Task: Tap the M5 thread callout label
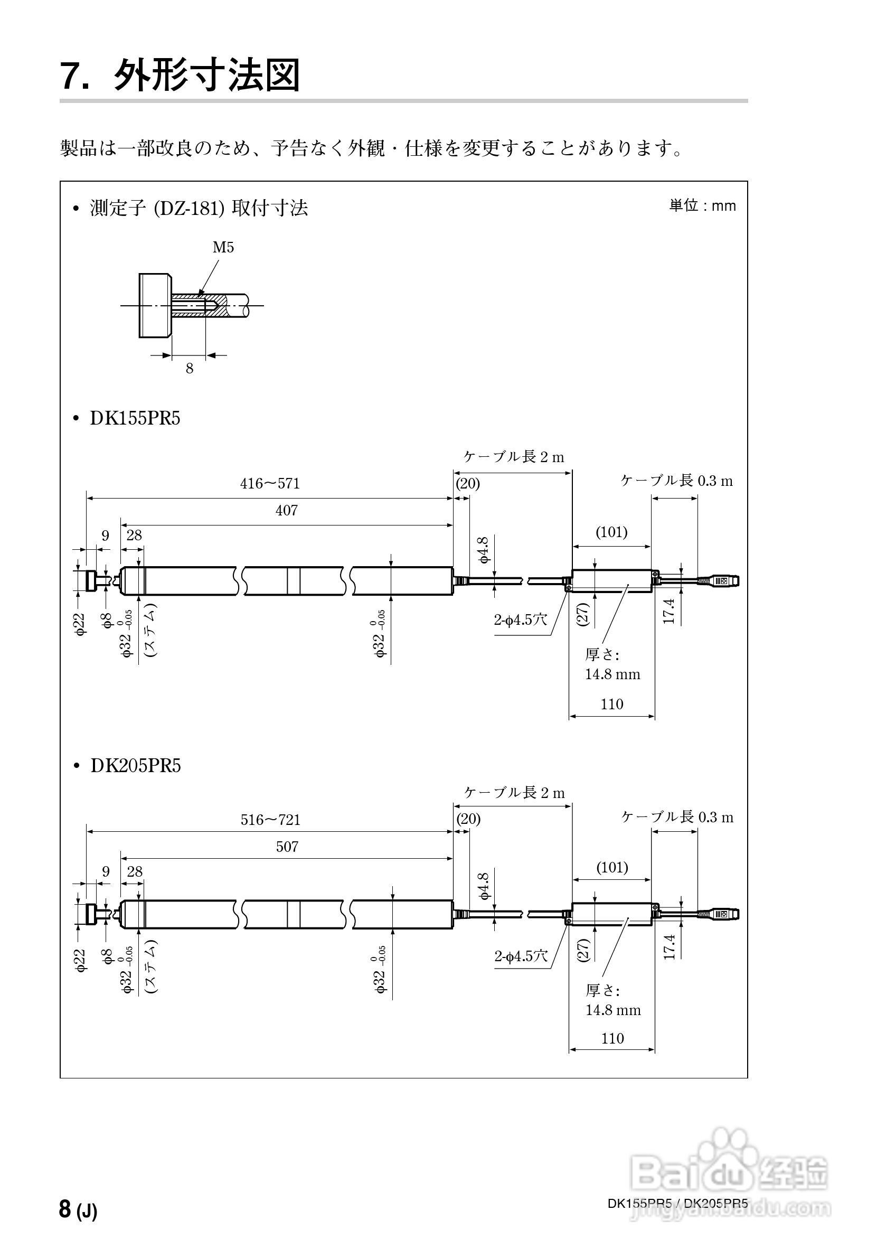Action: pos(223,248)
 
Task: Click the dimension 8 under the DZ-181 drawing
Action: pos(190,369)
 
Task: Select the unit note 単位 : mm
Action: pos(702,206)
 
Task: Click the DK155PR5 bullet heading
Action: pos(135,419)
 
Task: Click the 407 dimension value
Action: pos(286,511)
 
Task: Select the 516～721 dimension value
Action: pos(270,820)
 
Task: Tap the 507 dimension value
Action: pos(287,847)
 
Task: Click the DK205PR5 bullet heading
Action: pos(135,766)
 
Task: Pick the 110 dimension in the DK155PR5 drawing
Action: pos(611,704)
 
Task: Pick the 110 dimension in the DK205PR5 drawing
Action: pos(612,1038)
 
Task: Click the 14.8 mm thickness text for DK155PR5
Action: pos(612,674)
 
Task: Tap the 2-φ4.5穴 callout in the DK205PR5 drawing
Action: pos(521,956)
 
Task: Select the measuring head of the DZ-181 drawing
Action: pos(156,305)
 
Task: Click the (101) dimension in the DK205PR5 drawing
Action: pos(611,867)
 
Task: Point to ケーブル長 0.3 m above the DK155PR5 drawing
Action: pos(676,481)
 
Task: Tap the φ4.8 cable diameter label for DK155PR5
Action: pos(483,550)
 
